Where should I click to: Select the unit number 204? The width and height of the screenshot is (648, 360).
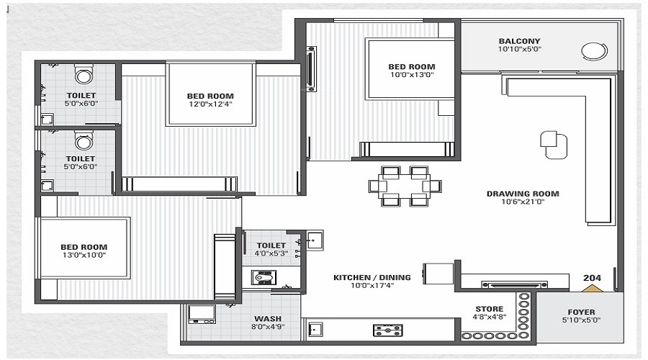pos(592,276)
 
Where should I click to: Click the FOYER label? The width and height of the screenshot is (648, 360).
pos(581,312)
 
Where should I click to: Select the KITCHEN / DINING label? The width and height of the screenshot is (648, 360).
pos(372,277)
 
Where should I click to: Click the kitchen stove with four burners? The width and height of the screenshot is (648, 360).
pos(387,330)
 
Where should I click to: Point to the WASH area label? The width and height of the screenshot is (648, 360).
pos(267,318)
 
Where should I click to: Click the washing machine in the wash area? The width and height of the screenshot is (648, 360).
pos(202,315)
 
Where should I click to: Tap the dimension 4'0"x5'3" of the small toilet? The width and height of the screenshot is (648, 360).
pos(271,253)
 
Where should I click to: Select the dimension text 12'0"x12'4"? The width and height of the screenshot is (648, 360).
pos(210,104)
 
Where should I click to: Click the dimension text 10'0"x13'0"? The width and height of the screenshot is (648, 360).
pos(412,75)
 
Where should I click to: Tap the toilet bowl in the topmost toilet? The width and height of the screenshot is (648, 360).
pos(84,74)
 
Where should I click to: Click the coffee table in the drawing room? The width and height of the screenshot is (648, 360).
pos(554,143)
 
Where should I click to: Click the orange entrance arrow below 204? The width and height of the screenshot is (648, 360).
pos(592,288)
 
